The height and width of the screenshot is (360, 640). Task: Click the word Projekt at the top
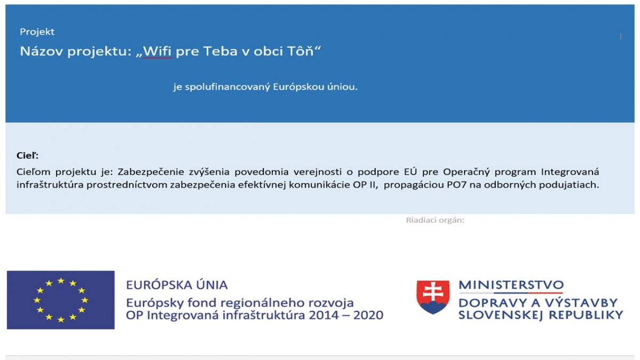[x=37, y=31]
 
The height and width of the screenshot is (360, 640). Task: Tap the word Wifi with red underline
[x=157, y=51]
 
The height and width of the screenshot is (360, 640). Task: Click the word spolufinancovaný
[x=227, y=87]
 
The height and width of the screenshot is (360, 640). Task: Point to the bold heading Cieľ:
[x=27, y=155]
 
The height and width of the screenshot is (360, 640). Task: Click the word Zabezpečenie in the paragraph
[x=150, y=172]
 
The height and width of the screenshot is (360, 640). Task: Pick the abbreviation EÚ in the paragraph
[x=411, y=172]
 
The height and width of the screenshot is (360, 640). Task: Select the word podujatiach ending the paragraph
[x=569, y=185]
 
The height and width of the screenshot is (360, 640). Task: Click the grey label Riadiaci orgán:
[x=435, y=220]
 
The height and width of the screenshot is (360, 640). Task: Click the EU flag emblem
[x=61, y=300]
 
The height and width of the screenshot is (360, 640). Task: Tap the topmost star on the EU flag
[x=61, y=281]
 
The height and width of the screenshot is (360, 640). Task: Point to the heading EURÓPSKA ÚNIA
[x=177, y=285]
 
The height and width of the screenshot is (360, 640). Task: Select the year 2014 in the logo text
[x=324, y=315]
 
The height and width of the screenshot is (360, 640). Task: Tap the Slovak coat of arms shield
[x=433, y=297]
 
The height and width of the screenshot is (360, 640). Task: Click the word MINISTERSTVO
[x=511, y=285]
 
